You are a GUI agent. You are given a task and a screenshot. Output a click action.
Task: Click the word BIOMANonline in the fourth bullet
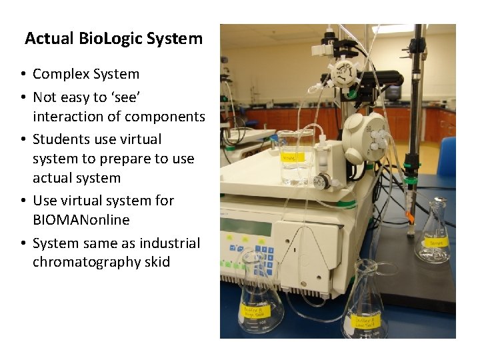tap(81, 220)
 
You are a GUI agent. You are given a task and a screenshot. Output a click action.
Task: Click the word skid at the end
tap(157, 262)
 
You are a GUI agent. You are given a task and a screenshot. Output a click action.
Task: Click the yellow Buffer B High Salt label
tap(254, 310)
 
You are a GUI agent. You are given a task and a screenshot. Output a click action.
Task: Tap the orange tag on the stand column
tap(411, 217)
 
